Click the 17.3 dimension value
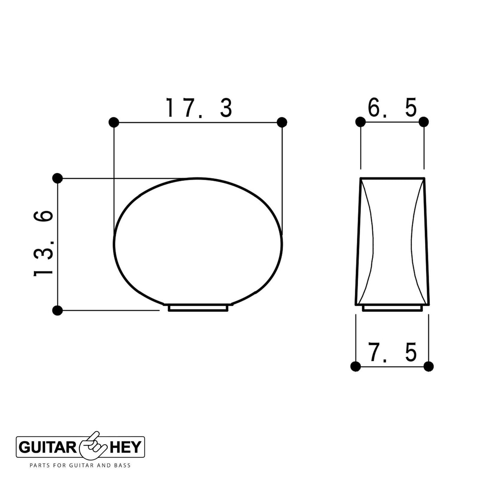tap(198, 108)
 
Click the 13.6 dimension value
tap(43, 243)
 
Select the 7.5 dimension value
tap(392, 352)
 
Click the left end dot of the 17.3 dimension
tap(114, 122)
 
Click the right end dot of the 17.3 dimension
tap(282, 122)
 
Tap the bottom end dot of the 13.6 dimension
tap(57, 310)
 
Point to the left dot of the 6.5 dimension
tap(360, 122)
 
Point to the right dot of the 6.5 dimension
tap(424, 122)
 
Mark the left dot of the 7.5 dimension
tap(355, 366)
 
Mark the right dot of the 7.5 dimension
tap(428, 366)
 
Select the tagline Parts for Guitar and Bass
tap(80, 465)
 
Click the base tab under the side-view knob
tap(392, 308)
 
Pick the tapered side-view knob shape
tap(392, 241)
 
